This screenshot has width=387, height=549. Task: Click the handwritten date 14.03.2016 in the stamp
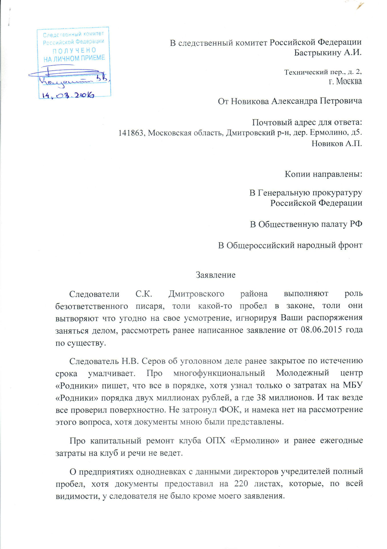pos(68,95)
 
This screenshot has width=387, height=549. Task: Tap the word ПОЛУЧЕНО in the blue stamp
pos(74,51)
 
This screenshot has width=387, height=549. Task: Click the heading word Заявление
pos(216,275)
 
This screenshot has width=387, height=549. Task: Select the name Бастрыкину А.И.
pos(328,53)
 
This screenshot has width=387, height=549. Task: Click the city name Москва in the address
pos(349,81)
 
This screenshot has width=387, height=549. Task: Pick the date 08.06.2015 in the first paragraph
pos(321,330)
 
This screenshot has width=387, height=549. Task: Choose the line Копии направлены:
pos(323,174)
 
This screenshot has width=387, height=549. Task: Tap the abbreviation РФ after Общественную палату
pos(356,224)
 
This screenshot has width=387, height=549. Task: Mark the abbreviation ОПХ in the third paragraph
pos(216,440)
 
